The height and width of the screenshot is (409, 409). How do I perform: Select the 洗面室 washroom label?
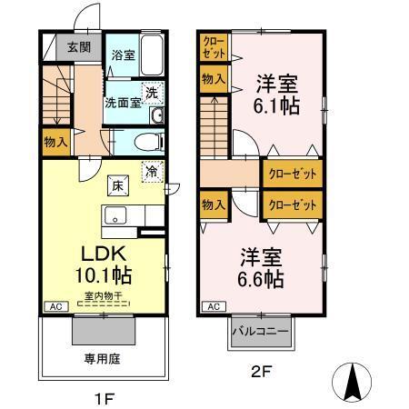(x=122, y=103)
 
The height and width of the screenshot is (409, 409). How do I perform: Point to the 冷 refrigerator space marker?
(x=151, y=171)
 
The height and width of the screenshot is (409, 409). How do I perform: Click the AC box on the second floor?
(x=211, y=308)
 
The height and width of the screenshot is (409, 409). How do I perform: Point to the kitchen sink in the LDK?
(x=115, y=216)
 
